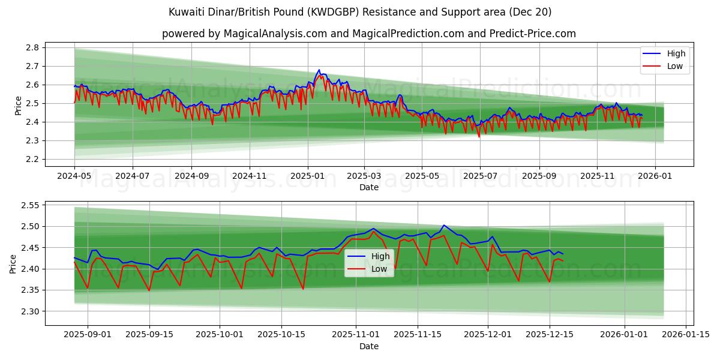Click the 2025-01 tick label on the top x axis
[x=307, y=176]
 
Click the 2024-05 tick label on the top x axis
[x=74, y=176]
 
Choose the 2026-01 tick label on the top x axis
[x=655, y=176]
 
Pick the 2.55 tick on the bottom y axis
[x=30, y=205]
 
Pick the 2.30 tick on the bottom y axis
[x=30, y=311]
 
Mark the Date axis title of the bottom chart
[x=368, y=346]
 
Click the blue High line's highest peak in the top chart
[x=319, y=70]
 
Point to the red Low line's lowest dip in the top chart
[x=479, y=137]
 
